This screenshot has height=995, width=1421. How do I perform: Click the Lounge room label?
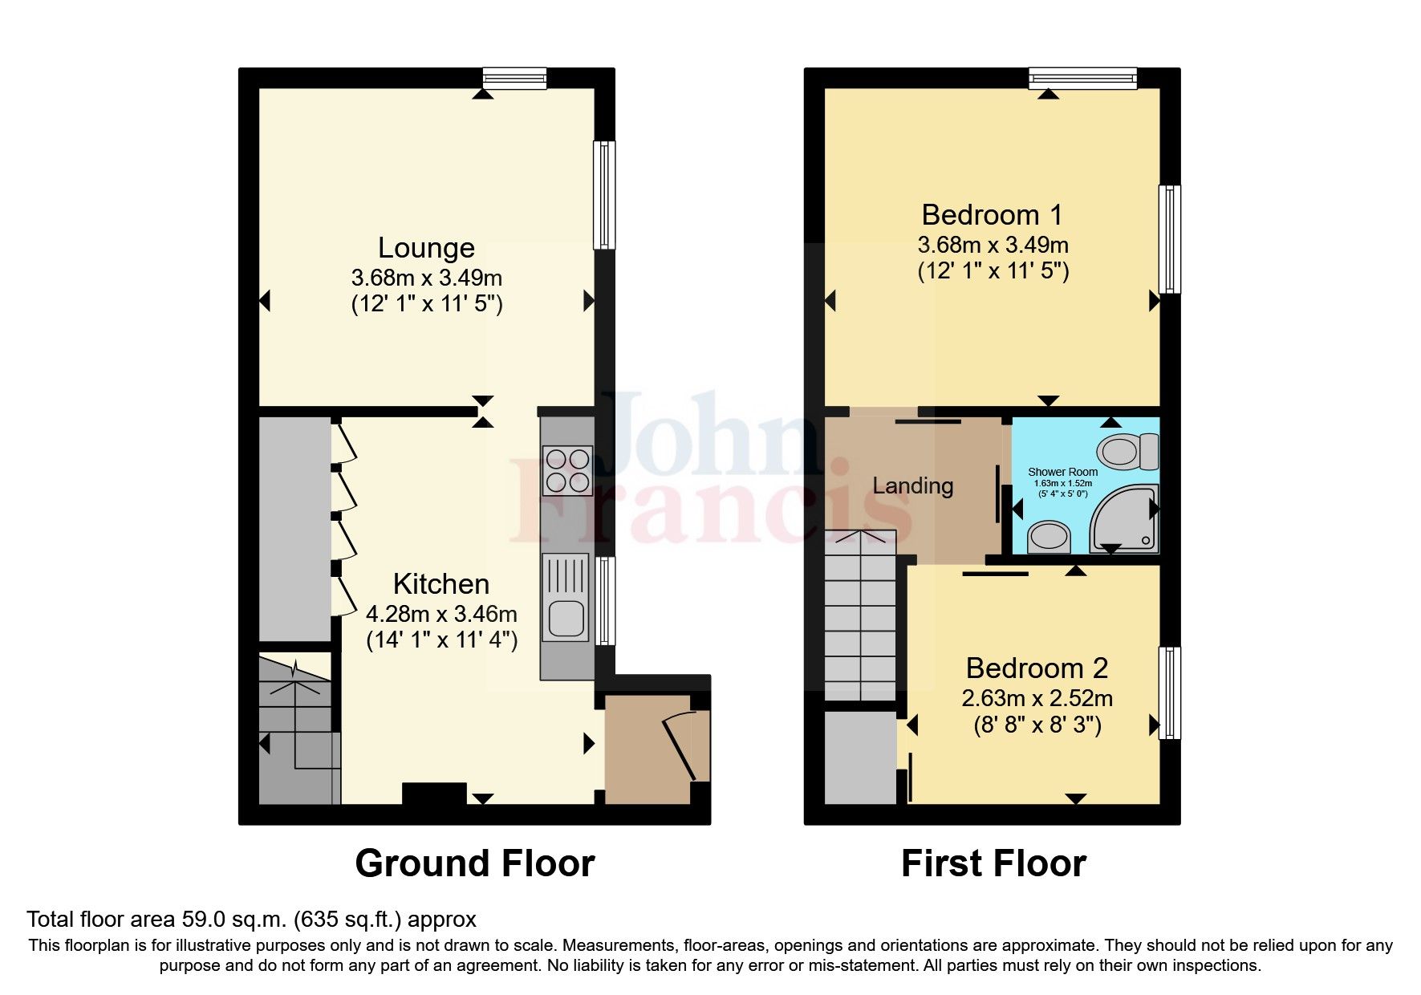click(426, 248)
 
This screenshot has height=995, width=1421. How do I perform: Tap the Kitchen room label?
click(441, 584)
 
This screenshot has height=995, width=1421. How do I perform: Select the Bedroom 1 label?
click(993, 215)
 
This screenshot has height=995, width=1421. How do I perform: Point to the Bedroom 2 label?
click(1037, 668)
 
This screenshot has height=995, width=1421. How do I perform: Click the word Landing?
click(913, 485)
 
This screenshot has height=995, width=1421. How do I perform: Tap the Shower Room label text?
click(1062, 472)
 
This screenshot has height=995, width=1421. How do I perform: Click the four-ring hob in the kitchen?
click(567, 469)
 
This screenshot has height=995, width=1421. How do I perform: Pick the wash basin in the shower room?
click(1049, 537)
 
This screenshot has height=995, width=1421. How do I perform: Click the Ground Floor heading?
click(474, 864)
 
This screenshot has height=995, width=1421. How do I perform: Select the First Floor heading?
click(993, 864)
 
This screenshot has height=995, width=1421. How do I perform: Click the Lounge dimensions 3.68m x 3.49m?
click(426, 278)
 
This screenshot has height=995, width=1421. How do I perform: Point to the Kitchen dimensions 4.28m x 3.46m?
click(441, 615)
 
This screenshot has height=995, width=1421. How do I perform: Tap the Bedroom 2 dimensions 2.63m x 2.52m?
click(1037, 698)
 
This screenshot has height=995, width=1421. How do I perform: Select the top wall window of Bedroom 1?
click(1083, 78)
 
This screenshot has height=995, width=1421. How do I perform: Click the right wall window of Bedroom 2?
click(1169, 692)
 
